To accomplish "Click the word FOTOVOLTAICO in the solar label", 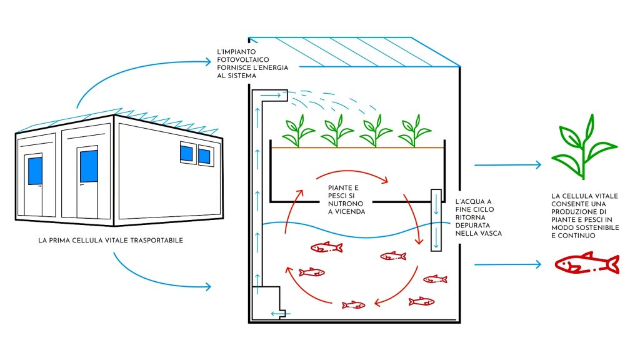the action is pyautogui.click(x=243, y=59).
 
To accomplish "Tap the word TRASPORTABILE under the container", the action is pyautogui.click(x=157, y=241).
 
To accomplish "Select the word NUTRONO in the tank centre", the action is pyautogui.click(x=346, y=204).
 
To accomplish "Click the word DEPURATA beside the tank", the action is pyautogui.click(x=472, y=225).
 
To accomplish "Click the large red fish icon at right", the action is pyautogui.click(x=587, y=263).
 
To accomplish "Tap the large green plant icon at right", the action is pyautogui.click(x=584, y=147).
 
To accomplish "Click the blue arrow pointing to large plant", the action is pyautogui.click(x=507, y=165).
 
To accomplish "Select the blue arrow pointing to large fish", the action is pyautogui.click(x=507, y=264).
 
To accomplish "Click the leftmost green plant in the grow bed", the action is pyautogui.click(x=298, y=131).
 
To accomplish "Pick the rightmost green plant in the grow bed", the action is pyautogui.click(x=414, y=131).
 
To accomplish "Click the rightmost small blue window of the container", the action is pyautogui.click(x=204, y=156).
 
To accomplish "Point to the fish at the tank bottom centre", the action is pyautogui.click(x=354, y=304).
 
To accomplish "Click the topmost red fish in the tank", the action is pyautogui.click(x=326, y=247).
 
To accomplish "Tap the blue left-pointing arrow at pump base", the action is pyautogui.click(x=281, y=314).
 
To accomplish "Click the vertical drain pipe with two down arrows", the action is pyautogui.click(x=436, y=220).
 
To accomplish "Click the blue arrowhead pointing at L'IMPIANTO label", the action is pyautogui.click(x=208, y=62).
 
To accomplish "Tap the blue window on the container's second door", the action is pyautogui.click(x=89, y=166).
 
